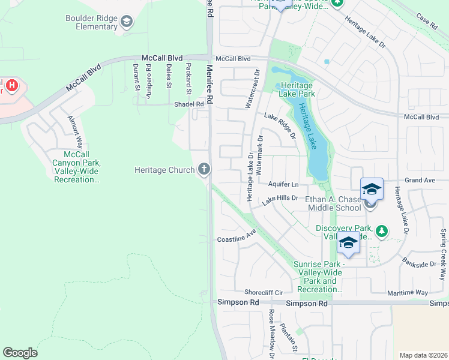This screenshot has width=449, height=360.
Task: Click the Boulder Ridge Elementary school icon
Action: click(x=126, y=23)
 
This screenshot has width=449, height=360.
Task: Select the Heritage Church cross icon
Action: click(x=204, y=170)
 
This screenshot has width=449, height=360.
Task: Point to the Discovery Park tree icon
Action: click(x=381, y=230)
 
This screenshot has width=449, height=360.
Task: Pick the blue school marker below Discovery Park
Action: click(x=348, y=242)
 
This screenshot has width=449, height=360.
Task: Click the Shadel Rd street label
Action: click(x=188, y=104)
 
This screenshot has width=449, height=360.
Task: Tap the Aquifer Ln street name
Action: click(x=283, y=184)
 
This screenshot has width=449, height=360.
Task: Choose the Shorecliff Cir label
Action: click(x=259, y=292)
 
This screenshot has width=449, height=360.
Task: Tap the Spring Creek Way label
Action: click(x=443, y=246)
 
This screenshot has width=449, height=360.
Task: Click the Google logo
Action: click(x=20, y=353)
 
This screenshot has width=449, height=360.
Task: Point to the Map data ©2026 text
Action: click(x=423, y=355)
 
